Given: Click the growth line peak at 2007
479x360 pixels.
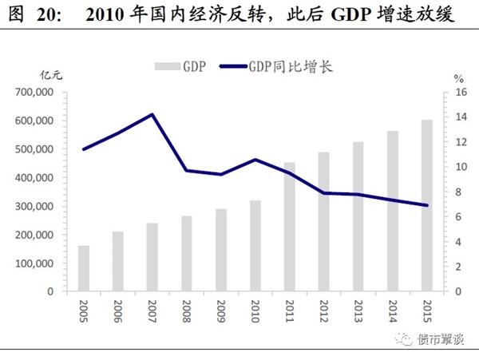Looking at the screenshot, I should [x=152, y=114].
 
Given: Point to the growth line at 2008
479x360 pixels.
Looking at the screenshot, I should [x=187, y=171].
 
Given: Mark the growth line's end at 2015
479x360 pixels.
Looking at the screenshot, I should [x=427, y=205].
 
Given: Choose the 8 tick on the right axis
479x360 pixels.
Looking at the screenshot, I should [x=459, y=192].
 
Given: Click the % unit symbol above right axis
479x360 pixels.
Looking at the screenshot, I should [x=458, y=78].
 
